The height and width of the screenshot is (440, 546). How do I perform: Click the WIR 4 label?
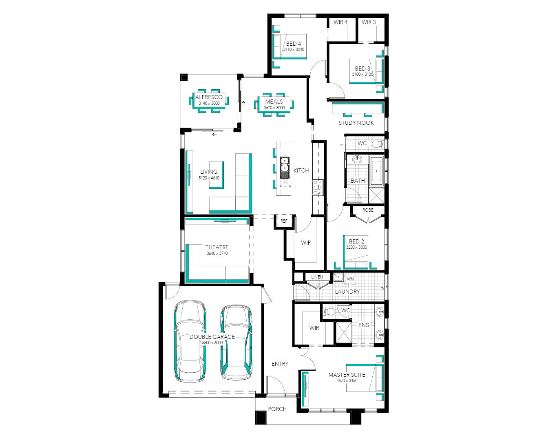pos(340,22)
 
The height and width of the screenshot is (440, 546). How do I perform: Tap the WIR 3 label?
pos(369,22)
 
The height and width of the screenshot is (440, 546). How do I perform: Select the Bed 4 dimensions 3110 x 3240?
pos(294,49)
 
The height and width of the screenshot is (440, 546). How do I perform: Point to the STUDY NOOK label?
pos(356,123)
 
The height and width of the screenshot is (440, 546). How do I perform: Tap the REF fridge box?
pos(284,221)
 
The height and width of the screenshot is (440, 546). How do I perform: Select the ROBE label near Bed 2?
pos(368,210)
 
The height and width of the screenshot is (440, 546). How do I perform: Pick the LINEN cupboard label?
pos(317,277)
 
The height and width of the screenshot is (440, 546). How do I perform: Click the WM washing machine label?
pos(351,279)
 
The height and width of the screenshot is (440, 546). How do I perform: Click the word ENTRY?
pos(280,364)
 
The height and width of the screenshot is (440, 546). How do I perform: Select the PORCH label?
pos(277,409)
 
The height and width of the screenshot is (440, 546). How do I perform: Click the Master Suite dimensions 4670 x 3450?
pos(347,380)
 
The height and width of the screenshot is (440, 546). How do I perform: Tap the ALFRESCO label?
pos(209,97)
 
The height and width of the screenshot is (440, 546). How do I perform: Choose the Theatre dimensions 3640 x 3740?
pos(217,253)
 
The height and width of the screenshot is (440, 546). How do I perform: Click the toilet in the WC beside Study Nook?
pos(377,144)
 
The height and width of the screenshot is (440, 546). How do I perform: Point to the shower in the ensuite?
pos(344,332)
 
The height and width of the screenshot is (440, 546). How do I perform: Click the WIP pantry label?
pos(306,243)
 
